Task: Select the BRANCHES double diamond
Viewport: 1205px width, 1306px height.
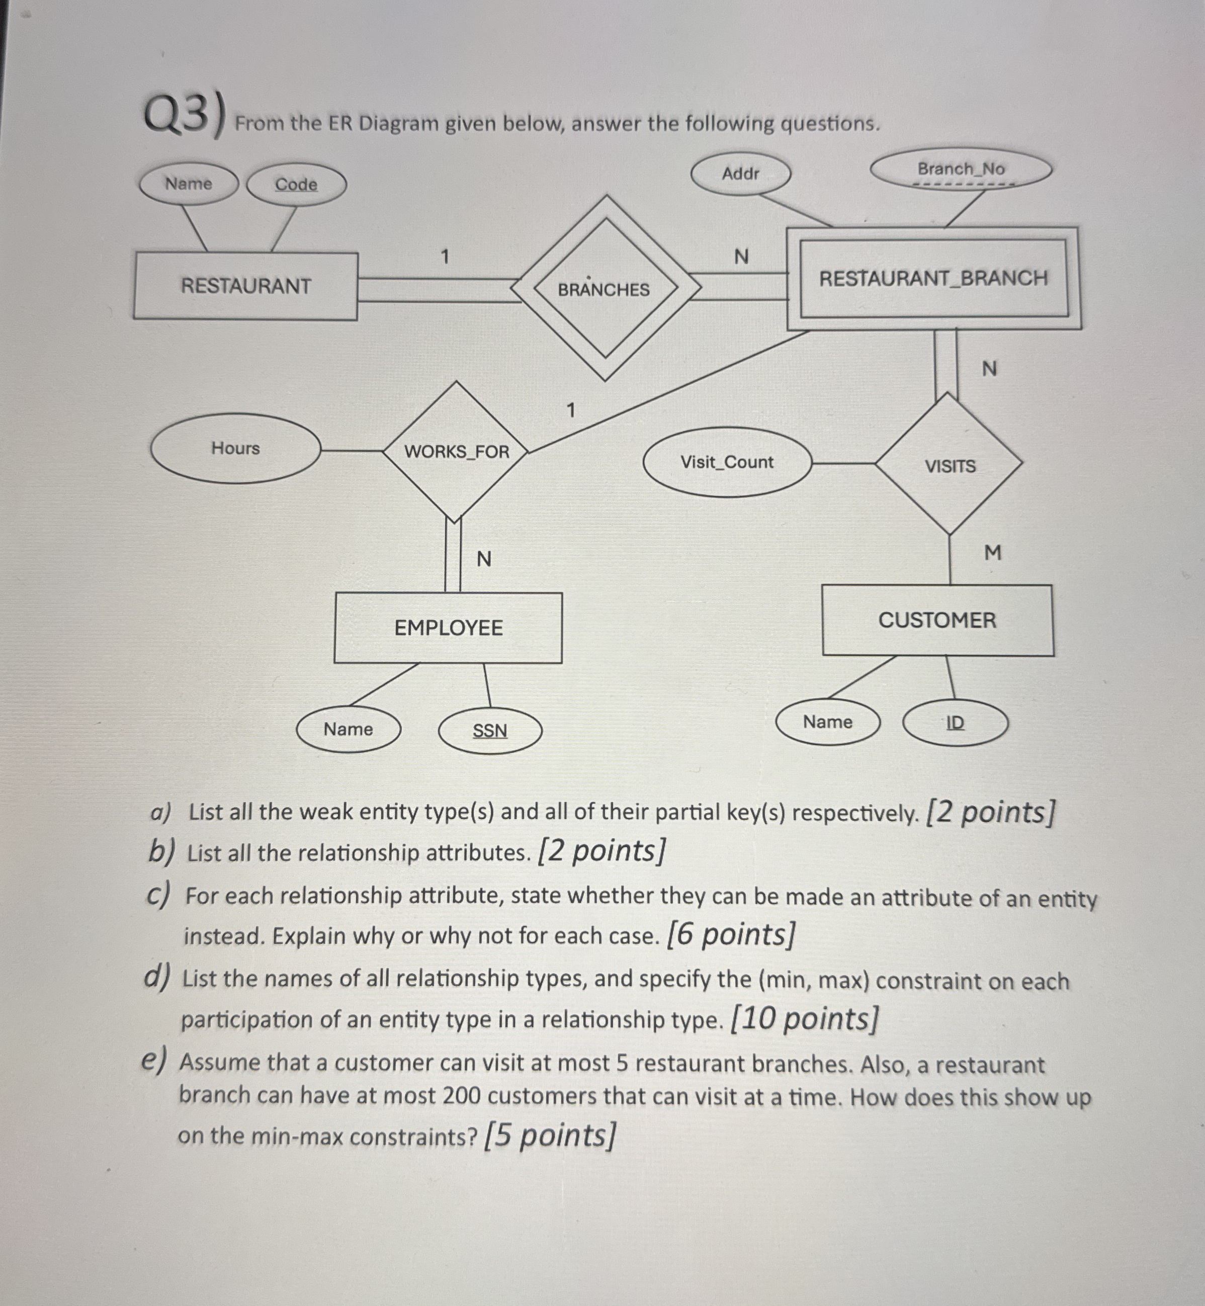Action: pyautogui.click(x=605, y=288)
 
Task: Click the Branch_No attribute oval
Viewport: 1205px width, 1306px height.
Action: pyautogui.click(x=961, y=169)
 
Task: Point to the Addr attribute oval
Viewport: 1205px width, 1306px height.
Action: pyautogui.click(x=741, y=173)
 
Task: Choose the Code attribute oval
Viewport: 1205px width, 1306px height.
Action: pyautogui.click(x=296, y=185)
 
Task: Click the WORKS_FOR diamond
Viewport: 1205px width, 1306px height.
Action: pyautogui.click(x=456, y=451)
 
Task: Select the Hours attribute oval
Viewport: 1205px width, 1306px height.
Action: pyautogui.click(x=235, y=448)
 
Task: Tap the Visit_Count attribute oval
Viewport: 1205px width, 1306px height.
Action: pyautogui.click(x=727, y=462)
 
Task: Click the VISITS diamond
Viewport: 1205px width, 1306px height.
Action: pyautogui.click(x=950, y=466)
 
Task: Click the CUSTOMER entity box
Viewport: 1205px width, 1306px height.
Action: pyautogui.click(x=937, y=620)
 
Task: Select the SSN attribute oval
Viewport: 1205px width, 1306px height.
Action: pyautogui.click(x=490, y=730)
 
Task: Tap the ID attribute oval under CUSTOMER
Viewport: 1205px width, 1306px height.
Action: pyautogui.click(x=955, y=723)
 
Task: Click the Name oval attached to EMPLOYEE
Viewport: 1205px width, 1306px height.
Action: pyautogui.click(x=348, y=729)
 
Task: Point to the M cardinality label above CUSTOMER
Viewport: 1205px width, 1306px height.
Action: pyautogui.click(x=992, y=553)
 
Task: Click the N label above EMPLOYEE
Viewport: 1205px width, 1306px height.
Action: pyautogui.click(x=484, y=559)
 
